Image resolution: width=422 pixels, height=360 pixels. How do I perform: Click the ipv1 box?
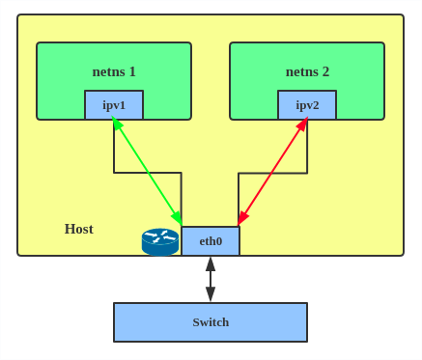[x=114, y=104]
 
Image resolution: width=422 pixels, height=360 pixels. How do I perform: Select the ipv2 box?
[x=307, y=104]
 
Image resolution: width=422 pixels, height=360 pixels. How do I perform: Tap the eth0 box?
[x=211, y=241]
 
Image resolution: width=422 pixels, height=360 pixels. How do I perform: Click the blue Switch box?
[x=211, y=322]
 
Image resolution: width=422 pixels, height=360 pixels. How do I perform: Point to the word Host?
[x=78, y=229]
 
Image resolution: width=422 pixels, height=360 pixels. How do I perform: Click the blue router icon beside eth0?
[x=160, y=241]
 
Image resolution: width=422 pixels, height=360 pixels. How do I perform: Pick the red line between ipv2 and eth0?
[x=272, y=171]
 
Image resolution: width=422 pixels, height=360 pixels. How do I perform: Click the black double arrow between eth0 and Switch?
[x=211, y=279]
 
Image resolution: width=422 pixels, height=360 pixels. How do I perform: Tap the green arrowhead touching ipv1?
[x=115, y=123]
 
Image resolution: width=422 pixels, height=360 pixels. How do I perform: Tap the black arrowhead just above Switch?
[x=211, y=294]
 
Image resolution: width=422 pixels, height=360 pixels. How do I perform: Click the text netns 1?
[x=114, y=71]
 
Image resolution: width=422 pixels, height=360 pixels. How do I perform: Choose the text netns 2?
[x=307, y=71]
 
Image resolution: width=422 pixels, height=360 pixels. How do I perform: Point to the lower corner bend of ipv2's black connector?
[x=239, y=174]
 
